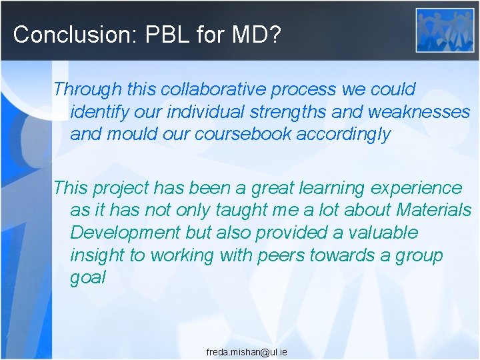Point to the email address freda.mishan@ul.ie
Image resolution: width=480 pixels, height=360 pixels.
click(x=247, y=351)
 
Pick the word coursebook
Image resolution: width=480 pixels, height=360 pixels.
click(x=243, y=134)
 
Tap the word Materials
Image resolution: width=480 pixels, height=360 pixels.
click(x=433, y=210)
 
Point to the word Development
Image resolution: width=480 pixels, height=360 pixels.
click(x=125, y=233)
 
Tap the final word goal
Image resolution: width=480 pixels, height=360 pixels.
click(x=88, y=278)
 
